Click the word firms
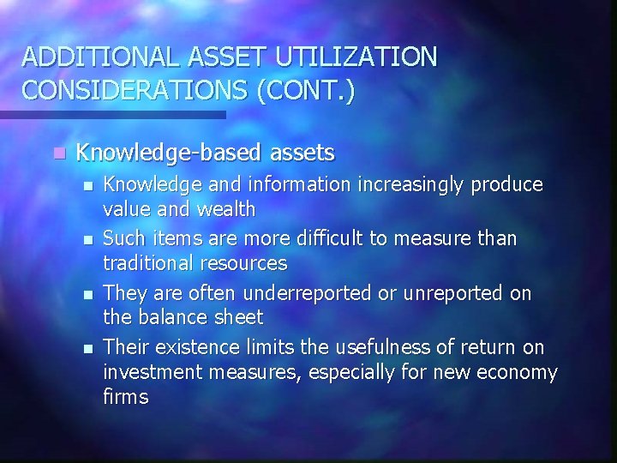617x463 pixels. tap(126, 396)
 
